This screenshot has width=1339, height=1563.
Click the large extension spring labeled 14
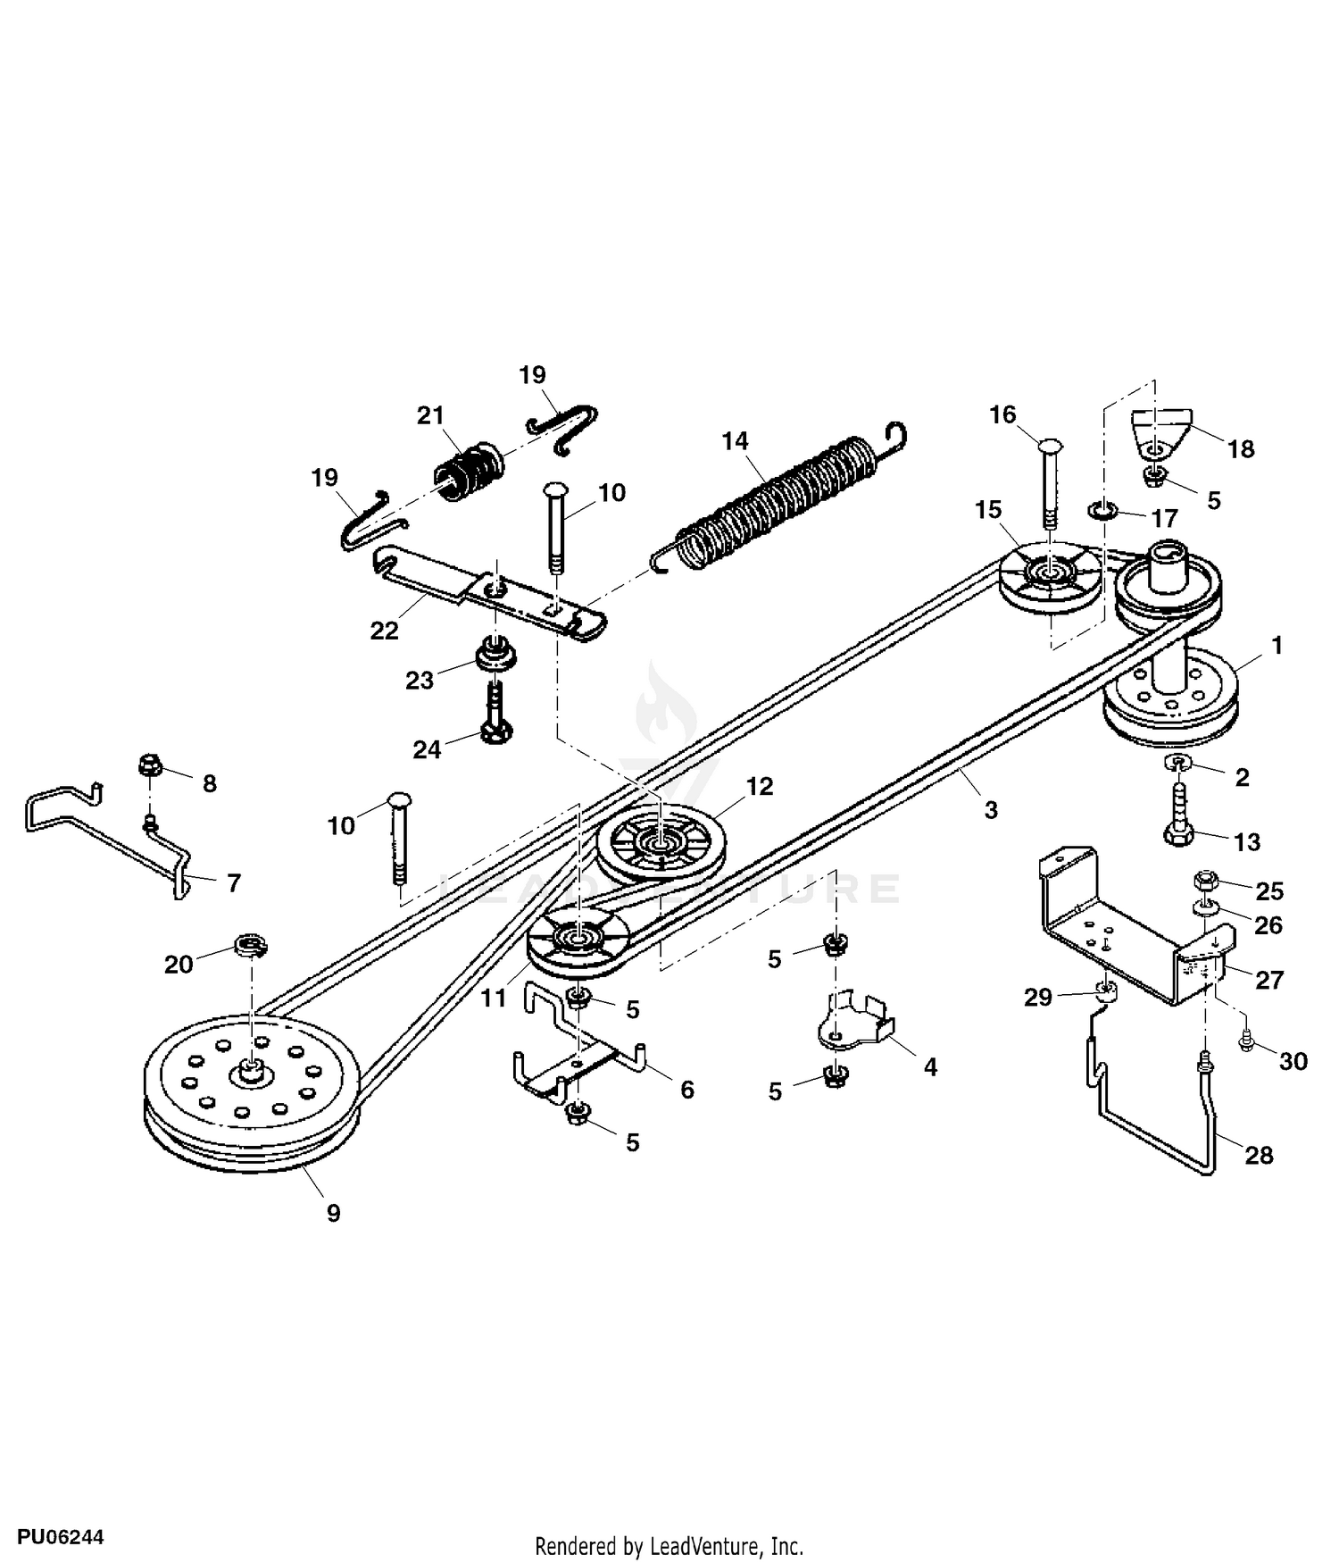(x=777, y=500)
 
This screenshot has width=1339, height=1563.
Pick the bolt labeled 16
(x=1050, y=482)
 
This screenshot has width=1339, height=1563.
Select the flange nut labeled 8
(x=149, y=765)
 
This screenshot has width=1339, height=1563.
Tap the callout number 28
(x=1259, y=1155)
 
